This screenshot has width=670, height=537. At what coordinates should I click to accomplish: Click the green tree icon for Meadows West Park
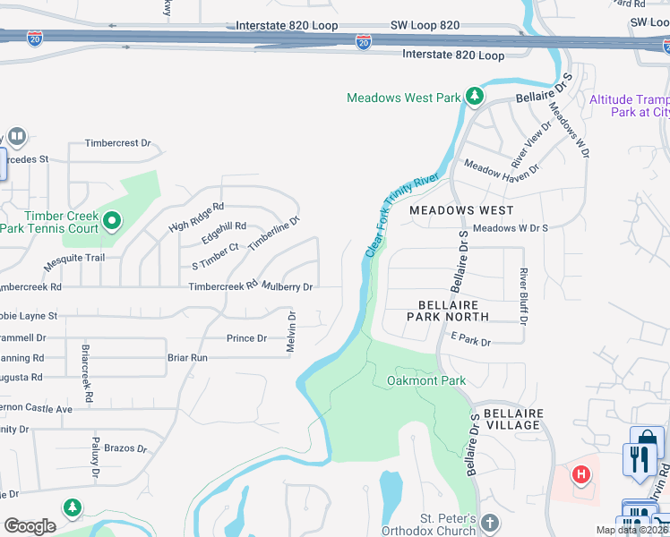pyautogui.click(x=475, y=98)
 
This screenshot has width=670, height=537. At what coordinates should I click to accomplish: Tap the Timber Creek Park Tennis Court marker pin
pyautogui.click(x=112, y=219)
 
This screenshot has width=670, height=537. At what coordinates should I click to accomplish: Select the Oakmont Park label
pyautogui.click(x=426, y=380)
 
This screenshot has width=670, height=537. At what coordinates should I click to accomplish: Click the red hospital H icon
pyautogui.click(x=580, y=473)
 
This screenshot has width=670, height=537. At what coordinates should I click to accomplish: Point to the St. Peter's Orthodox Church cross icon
pyautogui.click(x=488, y=522)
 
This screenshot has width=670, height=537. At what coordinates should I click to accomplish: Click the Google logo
pyautogui.click(x=30, y=526)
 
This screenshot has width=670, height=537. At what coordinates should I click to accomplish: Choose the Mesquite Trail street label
pyautogui.click(x=75, y=258)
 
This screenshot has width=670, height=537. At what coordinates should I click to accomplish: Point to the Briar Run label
pyautogui.click(x=187, y=357)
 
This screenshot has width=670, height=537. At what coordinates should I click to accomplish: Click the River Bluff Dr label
pyautogui.click(x=524, y=295)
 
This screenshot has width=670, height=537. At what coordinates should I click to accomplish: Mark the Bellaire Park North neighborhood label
pyautogui.click(x=448, y=311)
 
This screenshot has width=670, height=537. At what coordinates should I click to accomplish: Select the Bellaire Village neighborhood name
pyautogui.click(x=511, y=419)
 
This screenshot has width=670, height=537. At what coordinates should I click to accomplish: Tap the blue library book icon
pyautogui.click(x=17, y=137)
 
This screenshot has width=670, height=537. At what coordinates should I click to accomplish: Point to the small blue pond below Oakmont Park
pyautogui.click(x=391, y=490)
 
